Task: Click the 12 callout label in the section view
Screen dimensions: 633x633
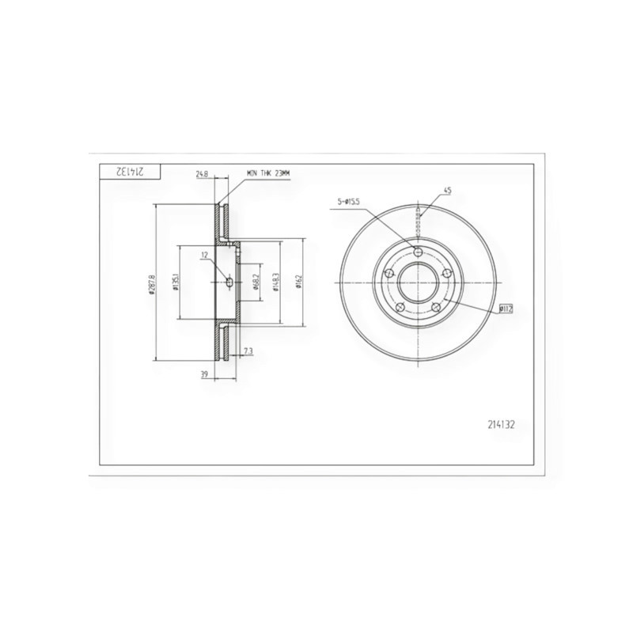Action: [x=204, y=255]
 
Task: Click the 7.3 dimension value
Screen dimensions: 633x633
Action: [x=248, y=350]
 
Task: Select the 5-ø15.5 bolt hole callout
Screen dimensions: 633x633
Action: [x=348, y=203]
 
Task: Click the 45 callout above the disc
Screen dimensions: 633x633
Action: [x=447, y=191]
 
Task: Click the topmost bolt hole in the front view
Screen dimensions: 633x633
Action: [x=419, y=252]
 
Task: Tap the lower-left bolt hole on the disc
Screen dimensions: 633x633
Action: [x=400, y=307]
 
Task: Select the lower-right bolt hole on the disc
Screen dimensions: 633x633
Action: [x=436, y=307]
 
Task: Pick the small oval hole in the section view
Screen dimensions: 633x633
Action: [x=229, y=282]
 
